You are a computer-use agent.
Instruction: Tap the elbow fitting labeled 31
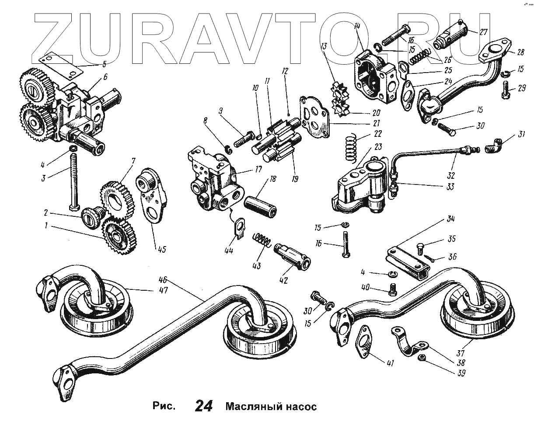click(493, 146)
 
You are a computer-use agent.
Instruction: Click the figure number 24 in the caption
click(204, 407)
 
